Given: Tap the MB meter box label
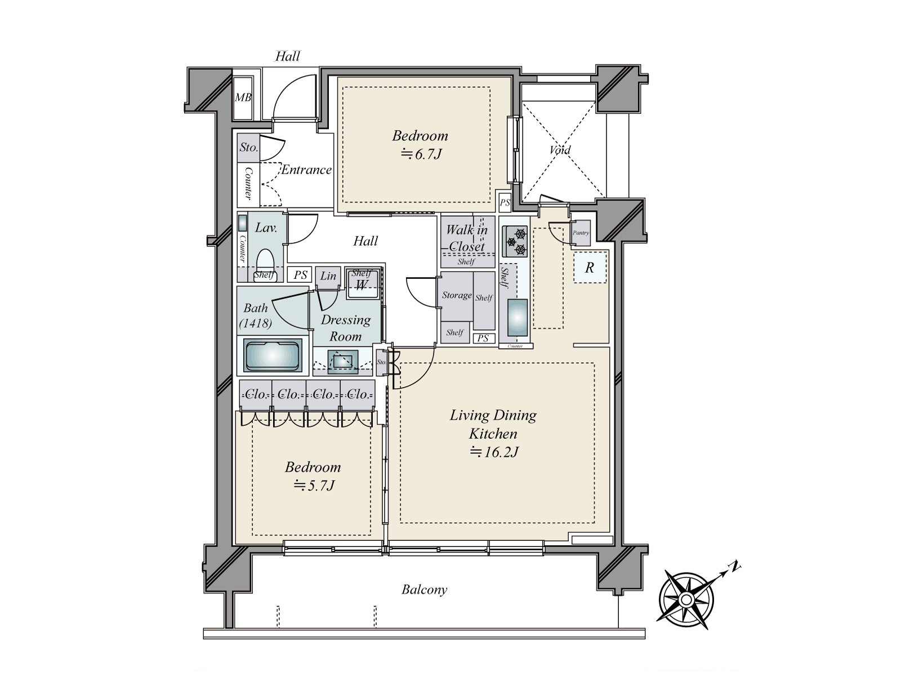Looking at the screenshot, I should [x=243, y=97].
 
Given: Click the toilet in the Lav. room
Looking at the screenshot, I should [x=265, y=262].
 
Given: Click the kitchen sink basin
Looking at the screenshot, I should [x=518, y=318].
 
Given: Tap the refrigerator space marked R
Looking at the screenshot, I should [x=590, y=268].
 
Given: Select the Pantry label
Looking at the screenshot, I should [x=581, y=233].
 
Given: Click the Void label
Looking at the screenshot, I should [x=560, y=150].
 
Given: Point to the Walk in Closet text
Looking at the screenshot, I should [x=466, y=238].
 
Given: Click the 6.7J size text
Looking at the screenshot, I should [x=421, y=154].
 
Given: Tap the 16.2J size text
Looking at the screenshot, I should [x=494, y=452].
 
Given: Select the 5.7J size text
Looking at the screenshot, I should [x=314, y=485].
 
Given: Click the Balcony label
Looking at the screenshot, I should [x=424, y=590].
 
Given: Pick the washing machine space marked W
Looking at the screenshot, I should [x=362, y=284].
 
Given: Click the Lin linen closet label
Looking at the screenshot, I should [x=328, y=276].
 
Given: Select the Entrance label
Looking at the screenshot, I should [x=306, y=170].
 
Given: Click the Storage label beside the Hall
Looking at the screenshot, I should [x=456, y=295].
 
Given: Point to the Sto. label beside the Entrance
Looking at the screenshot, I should [x=248, y=148].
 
